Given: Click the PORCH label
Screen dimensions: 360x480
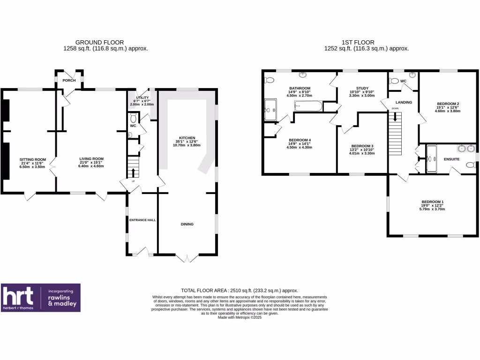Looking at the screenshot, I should click(69, 80).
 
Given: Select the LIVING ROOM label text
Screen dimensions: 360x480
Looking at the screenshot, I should click(90, 159).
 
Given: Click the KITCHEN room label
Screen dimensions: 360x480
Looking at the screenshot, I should click(187, 138).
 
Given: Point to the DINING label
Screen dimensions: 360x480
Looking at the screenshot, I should click(187, 224).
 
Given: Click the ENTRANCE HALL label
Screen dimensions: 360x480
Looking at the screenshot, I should click(143, 219).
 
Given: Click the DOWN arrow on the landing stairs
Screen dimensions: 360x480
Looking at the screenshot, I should click(395, 116).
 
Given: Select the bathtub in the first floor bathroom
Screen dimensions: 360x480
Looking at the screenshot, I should click(308, 107).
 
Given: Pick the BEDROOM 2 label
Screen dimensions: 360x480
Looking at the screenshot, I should click(448, 104).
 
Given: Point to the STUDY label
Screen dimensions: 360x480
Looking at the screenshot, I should click(362, 88).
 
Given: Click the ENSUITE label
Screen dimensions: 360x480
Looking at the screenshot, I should click(452, 159).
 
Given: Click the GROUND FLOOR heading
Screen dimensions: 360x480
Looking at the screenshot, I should click(99, 42).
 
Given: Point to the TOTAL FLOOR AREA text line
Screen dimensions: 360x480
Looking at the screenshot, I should click(240, 291).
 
